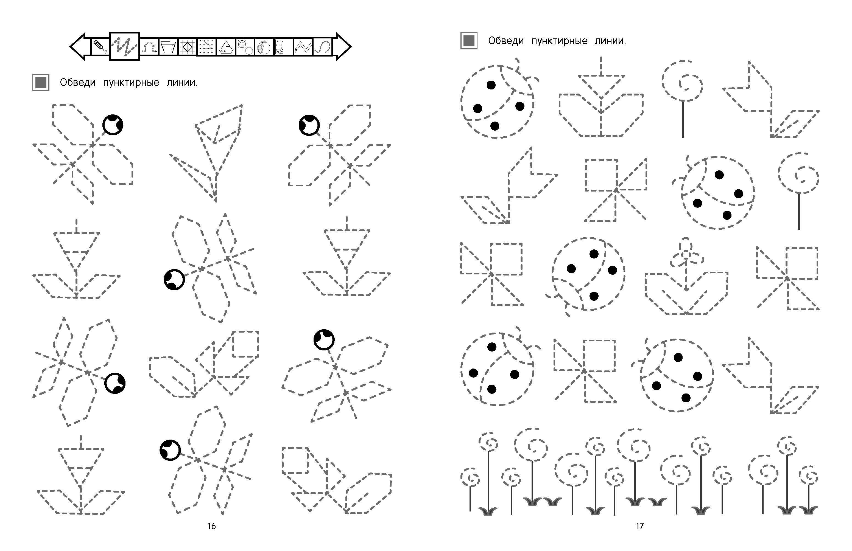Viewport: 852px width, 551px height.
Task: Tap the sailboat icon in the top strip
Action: point(226,47)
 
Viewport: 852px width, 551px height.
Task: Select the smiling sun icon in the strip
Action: point(245,47)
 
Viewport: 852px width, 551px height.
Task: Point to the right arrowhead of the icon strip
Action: point(343,47)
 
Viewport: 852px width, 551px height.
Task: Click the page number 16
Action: point(212,526)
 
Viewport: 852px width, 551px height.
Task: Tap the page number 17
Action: point(640,526)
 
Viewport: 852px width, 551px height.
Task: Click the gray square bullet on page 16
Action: point(41,82)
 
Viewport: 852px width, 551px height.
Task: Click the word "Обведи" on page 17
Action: point(506,41)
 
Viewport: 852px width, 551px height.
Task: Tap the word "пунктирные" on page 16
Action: point(131,83)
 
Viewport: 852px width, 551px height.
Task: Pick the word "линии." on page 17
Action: point(610,41)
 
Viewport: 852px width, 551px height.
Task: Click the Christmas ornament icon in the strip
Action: point(264,47)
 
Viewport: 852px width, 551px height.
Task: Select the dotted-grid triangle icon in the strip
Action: point(206,47)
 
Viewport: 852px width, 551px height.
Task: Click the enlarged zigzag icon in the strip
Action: point(124,47)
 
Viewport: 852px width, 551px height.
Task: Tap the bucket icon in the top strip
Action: point(168,47)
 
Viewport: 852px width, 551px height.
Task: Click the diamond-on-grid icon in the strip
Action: point(187,47)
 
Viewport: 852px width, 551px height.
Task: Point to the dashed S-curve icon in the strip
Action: point(323,47)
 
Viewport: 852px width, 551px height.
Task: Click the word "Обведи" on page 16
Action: point(78,83)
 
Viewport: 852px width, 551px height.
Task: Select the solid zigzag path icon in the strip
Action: point(303,47)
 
